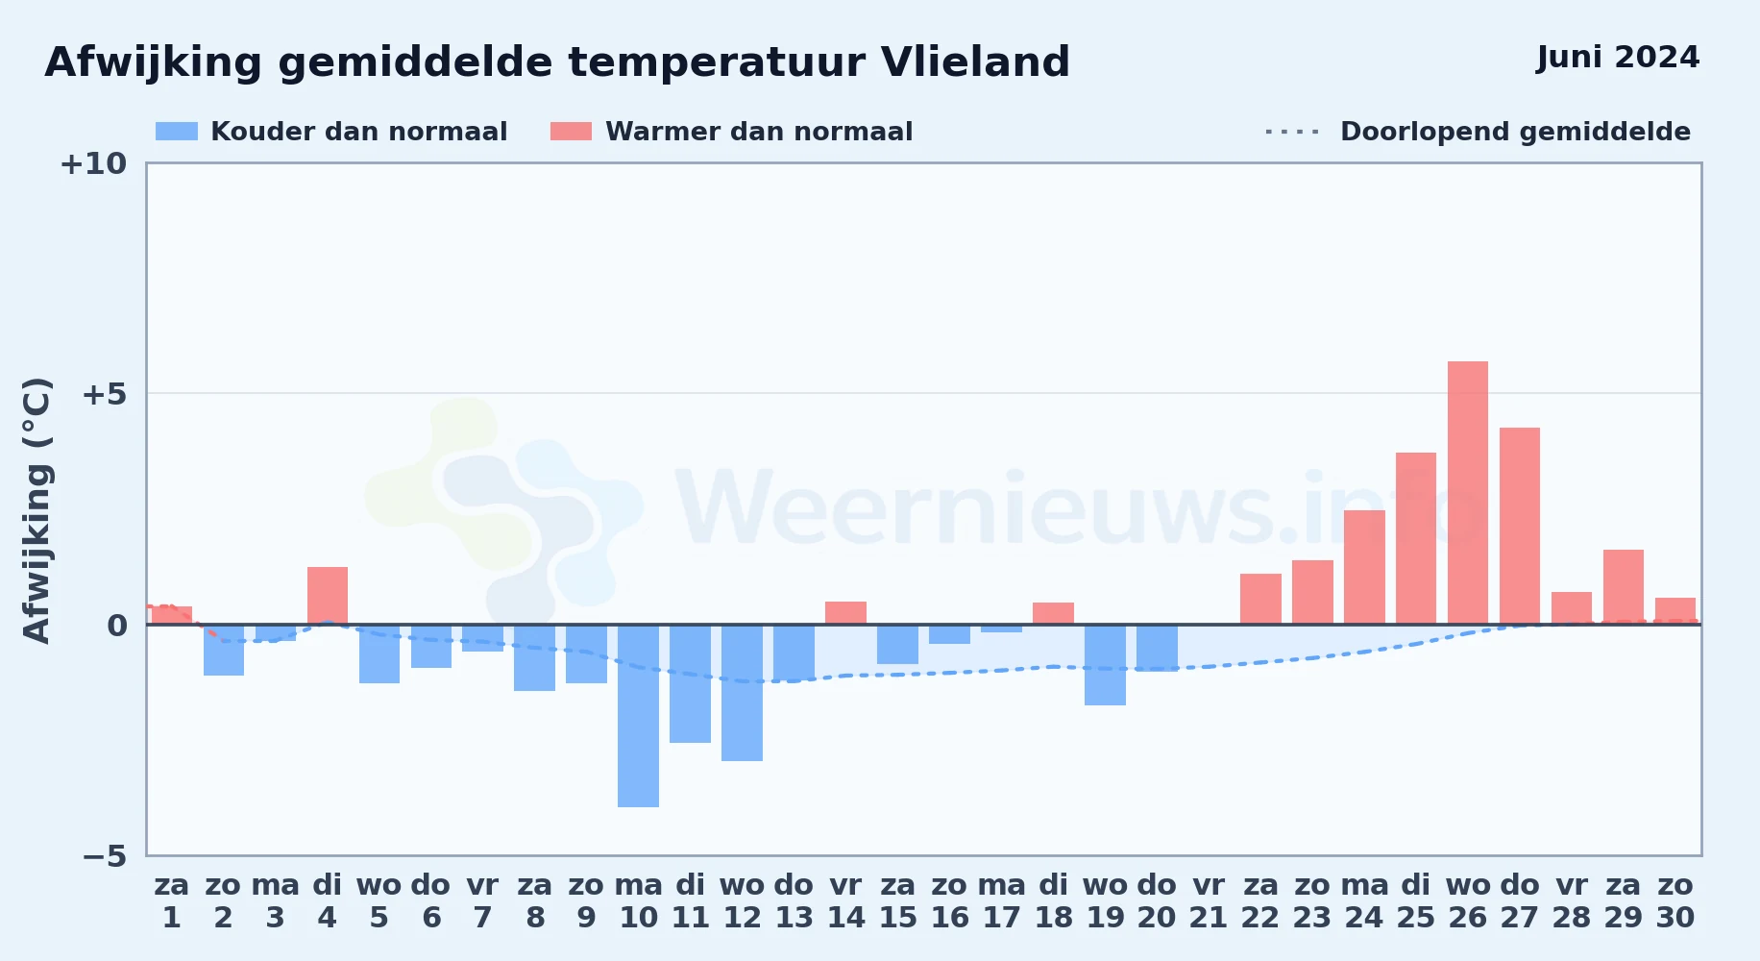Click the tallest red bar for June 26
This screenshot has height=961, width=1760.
click(1467, 493)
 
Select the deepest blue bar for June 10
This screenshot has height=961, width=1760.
click(638, 716)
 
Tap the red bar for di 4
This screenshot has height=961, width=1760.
click(328, 596)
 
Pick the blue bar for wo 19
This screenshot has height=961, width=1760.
click(1105, 665)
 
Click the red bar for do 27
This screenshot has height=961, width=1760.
click(1519, 526)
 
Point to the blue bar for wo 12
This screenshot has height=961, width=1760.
click(742, 693)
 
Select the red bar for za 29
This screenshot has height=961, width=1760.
click(1623, 587)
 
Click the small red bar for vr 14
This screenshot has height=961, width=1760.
click(845, 613)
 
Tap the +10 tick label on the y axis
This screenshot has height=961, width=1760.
click(93, 163)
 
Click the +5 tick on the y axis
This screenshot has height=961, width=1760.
click(105, 394)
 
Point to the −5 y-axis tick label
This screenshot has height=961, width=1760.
click(105, 855)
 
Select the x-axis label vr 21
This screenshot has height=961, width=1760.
click(1209, 900)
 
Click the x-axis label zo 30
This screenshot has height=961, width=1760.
click(1674, 900)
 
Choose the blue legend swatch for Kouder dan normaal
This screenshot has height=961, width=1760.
click(177, 132)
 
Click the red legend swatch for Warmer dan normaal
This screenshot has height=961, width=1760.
click(571, 132)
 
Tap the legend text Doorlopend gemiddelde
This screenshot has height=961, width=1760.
click(1515, 132)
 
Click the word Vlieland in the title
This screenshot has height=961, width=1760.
click(975, 62)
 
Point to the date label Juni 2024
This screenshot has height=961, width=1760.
click(1618, 58)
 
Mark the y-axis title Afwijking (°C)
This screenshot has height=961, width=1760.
click(37, 510)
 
